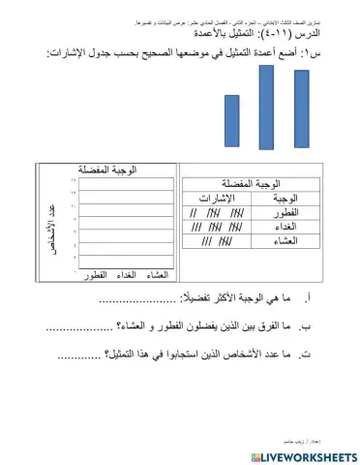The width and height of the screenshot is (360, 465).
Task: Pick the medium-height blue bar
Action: point(305,115)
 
